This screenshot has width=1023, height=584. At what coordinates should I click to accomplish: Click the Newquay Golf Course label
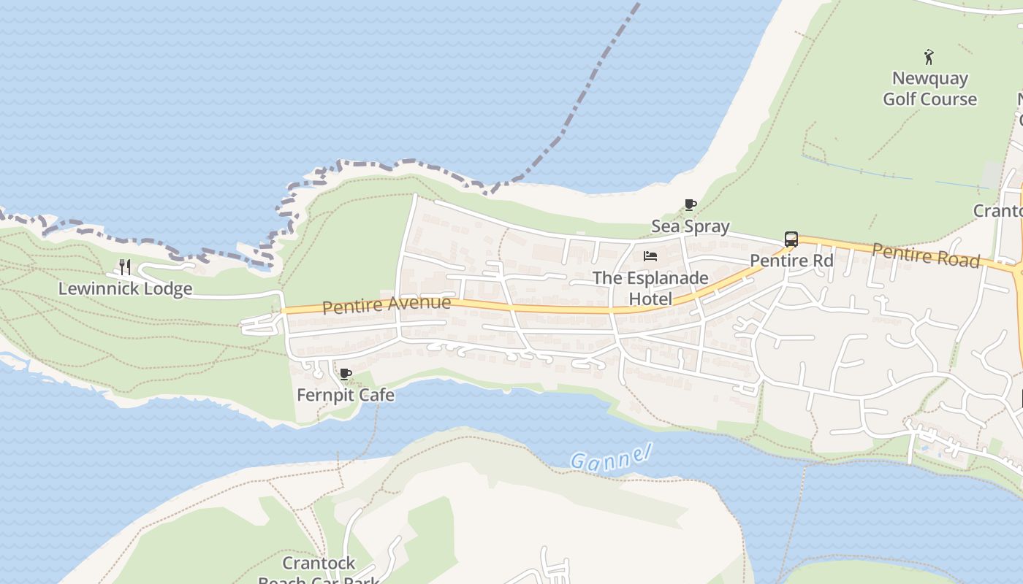[x=929, y=88]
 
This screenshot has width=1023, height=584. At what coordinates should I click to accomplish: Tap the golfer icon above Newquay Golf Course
[x=929, y=57]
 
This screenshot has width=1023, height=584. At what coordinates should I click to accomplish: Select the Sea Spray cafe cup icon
[x=690, y=205]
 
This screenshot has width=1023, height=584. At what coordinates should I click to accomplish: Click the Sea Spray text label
[x=691, y=226]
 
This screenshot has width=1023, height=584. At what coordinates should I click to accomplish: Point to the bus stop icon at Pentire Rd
[x=791, y=239]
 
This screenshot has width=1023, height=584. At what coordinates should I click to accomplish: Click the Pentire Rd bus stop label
[x=791, y=261]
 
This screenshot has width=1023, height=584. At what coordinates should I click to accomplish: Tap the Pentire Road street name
[x=926, y=255]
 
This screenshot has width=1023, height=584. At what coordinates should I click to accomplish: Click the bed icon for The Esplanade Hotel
[x=650, y=256]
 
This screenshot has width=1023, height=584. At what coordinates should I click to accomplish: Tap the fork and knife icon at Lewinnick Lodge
[x=125, y=267]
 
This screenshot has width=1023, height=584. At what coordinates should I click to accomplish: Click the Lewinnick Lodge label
[x=125, y=288]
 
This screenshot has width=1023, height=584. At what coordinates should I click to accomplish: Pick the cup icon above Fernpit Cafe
[x=346, y=374]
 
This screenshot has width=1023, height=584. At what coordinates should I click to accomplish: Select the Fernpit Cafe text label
[x=346, y=395]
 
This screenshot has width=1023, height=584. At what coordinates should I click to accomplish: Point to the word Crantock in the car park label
[x=319, y=564]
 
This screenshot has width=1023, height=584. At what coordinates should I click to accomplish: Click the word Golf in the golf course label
[x=900, y=99]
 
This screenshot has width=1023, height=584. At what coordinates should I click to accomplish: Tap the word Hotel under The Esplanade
[x=650, y=299]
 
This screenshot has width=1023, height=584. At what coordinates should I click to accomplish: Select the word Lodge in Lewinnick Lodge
[x=168, y=288]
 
